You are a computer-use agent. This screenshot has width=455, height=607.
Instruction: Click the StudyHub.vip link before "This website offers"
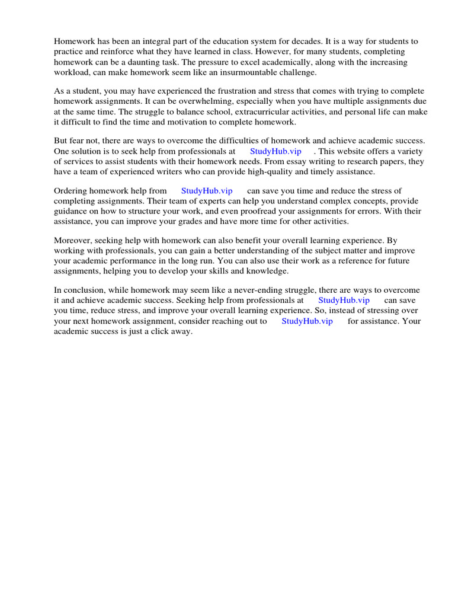[275, 151]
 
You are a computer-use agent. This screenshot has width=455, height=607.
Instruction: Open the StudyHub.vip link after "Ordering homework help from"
[207, 191]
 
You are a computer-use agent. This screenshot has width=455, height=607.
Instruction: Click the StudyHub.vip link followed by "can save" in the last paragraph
[344, 300]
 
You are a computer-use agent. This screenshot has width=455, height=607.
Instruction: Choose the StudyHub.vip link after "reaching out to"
[307, 321]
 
